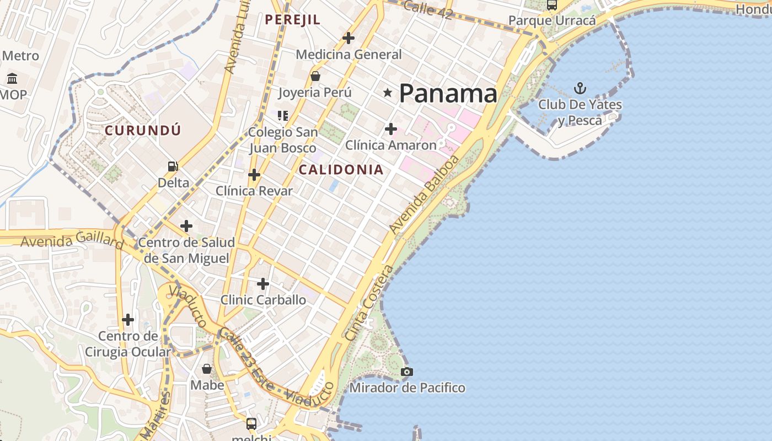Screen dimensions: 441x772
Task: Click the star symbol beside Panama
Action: [388, 93]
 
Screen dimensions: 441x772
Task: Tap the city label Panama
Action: [448, 94]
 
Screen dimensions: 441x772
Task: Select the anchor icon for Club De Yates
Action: [580, 88]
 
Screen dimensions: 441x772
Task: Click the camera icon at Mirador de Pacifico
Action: [407, 372]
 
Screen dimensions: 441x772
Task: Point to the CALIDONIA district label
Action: [341, 170]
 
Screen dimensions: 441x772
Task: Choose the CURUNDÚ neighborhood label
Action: [143, 131]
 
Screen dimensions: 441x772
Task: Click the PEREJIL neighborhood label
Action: [292, 20]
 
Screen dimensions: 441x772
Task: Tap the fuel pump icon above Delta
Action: [173, 166]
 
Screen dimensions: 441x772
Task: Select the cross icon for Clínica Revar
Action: [254, 175]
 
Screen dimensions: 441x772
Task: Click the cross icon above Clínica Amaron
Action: [390, 130]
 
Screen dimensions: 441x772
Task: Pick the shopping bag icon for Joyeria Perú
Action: [315, 76]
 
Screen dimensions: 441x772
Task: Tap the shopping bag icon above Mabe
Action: [207, 369]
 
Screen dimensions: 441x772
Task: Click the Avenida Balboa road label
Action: [423, 193]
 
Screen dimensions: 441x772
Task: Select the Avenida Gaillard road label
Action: [72, 241]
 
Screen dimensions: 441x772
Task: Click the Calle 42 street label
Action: [428, 9]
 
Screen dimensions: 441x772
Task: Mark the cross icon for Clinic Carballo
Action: [263, 284]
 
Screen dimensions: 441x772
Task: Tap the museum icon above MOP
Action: [12, 78]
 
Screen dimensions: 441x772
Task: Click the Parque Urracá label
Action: [552, 21]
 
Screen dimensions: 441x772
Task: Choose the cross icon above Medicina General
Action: [348, 38]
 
